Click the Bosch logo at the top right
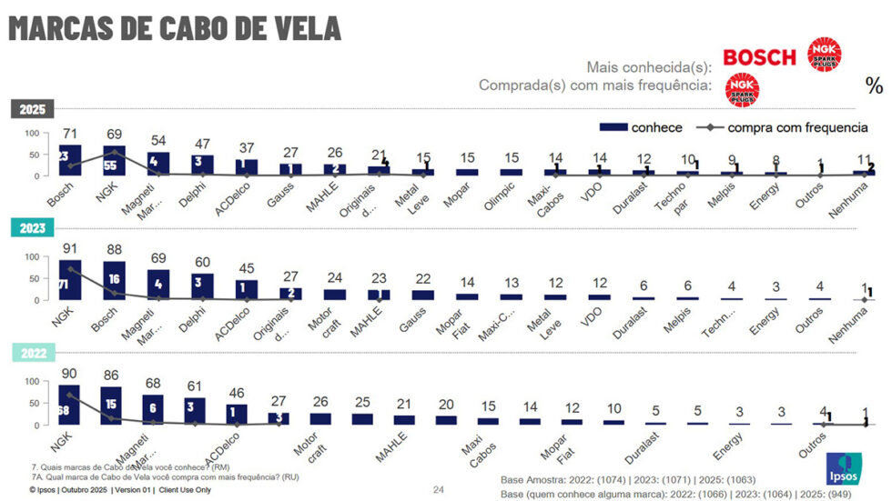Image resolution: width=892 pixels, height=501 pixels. point(758,57)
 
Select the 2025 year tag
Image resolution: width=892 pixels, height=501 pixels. point(33,109)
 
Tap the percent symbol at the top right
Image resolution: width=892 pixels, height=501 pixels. point(875,85)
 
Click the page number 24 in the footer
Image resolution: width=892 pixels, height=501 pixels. point(438,489)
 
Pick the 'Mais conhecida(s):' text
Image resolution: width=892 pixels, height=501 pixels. point(647,66)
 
